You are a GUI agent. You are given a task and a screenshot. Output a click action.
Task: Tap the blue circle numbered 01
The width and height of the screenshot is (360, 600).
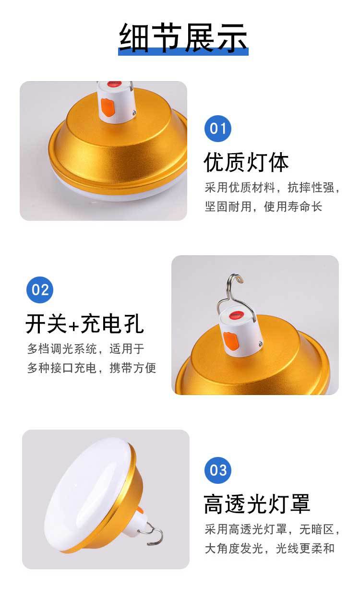218,128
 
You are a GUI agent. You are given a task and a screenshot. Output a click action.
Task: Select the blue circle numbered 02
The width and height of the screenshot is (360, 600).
40,290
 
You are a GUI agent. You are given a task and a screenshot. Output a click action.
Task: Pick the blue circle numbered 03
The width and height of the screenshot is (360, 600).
218,469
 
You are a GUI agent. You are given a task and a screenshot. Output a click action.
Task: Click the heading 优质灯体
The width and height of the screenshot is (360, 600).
246,162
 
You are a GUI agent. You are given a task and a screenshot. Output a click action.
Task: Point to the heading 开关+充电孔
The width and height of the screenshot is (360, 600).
85,324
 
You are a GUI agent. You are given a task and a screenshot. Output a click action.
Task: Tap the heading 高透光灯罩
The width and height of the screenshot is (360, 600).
257,504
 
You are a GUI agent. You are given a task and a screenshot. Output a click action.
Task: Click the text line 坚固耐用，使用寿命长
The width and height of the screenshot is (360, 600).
264,206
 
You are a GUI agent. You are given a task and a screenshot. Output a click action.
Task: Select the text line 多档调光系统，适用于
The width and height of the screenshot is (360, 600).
85,349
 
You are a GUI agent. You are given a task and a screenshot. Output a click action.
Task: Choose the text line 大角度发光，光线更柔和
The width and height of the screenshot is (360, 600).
270,549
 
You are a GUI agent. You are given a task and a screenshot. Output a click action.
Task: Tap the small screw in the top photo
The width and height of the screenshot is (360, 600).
134,112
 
